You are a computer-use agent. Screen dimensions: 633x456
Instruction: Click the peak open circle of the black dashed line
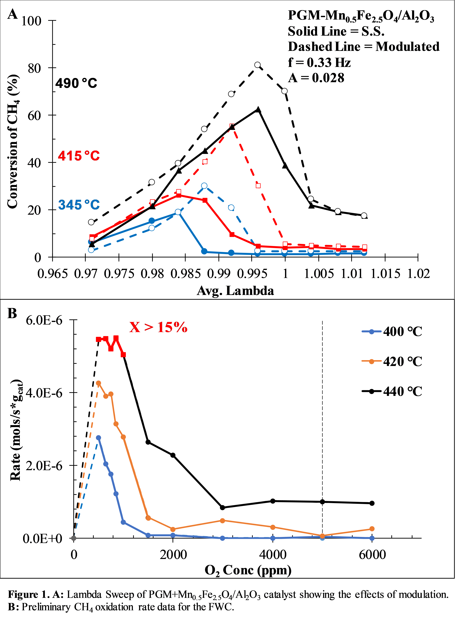(258, 65)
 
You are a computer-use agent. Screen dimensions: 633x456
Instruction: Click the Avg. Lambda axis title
(235, 291)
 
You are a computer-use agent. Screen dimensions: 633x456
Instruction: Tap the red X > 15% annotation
(158, 327)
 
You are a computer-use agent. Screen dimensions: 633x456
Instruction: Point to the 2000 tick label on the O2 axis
(173, 555)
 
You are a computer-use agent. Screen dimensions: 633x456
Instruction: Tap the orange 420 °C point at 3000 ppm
(222, 521)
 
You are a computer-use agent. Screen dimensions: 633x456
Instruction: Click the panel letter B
(12, 313)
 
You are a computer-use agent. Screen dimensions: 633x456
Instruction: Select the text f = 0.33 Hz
(319, 62)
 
